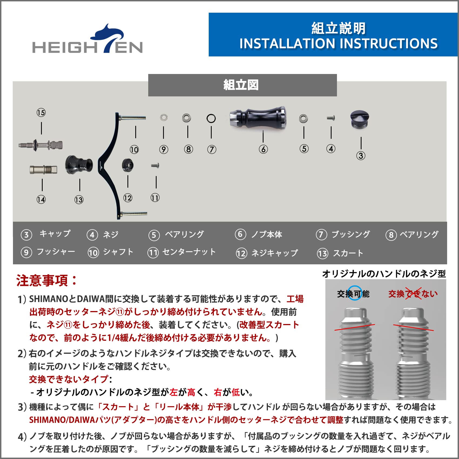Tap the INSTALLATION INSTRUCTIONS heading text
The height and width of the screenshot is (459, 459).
[338, 44]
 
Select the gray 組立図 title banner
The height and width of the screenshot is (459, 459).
[242, 85]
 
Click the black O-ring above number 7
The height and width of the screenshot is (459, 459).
[211, 119]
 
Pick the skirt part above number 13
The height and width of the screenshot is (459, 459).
[79, 164]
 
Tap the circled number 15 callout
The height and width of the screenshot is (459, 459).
[41, 113]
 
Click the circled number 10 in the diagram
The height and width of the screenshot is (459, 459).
[134, 150]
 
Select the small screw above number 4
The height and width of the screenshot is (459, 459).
[331, 118]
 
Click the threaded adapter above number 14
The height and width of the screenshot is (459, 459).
[43, 170]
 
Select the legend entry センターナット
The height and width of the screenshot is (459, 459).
[189, 252]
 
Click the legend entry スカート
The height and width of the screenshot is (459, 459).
[348, 253]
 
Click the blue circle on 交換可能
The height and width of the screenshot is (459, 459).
[354, 293]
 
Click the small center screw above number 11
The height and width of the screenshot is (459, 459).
[155, 165]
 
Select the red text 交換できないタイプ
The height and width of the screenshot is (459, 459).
[69, 379]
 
